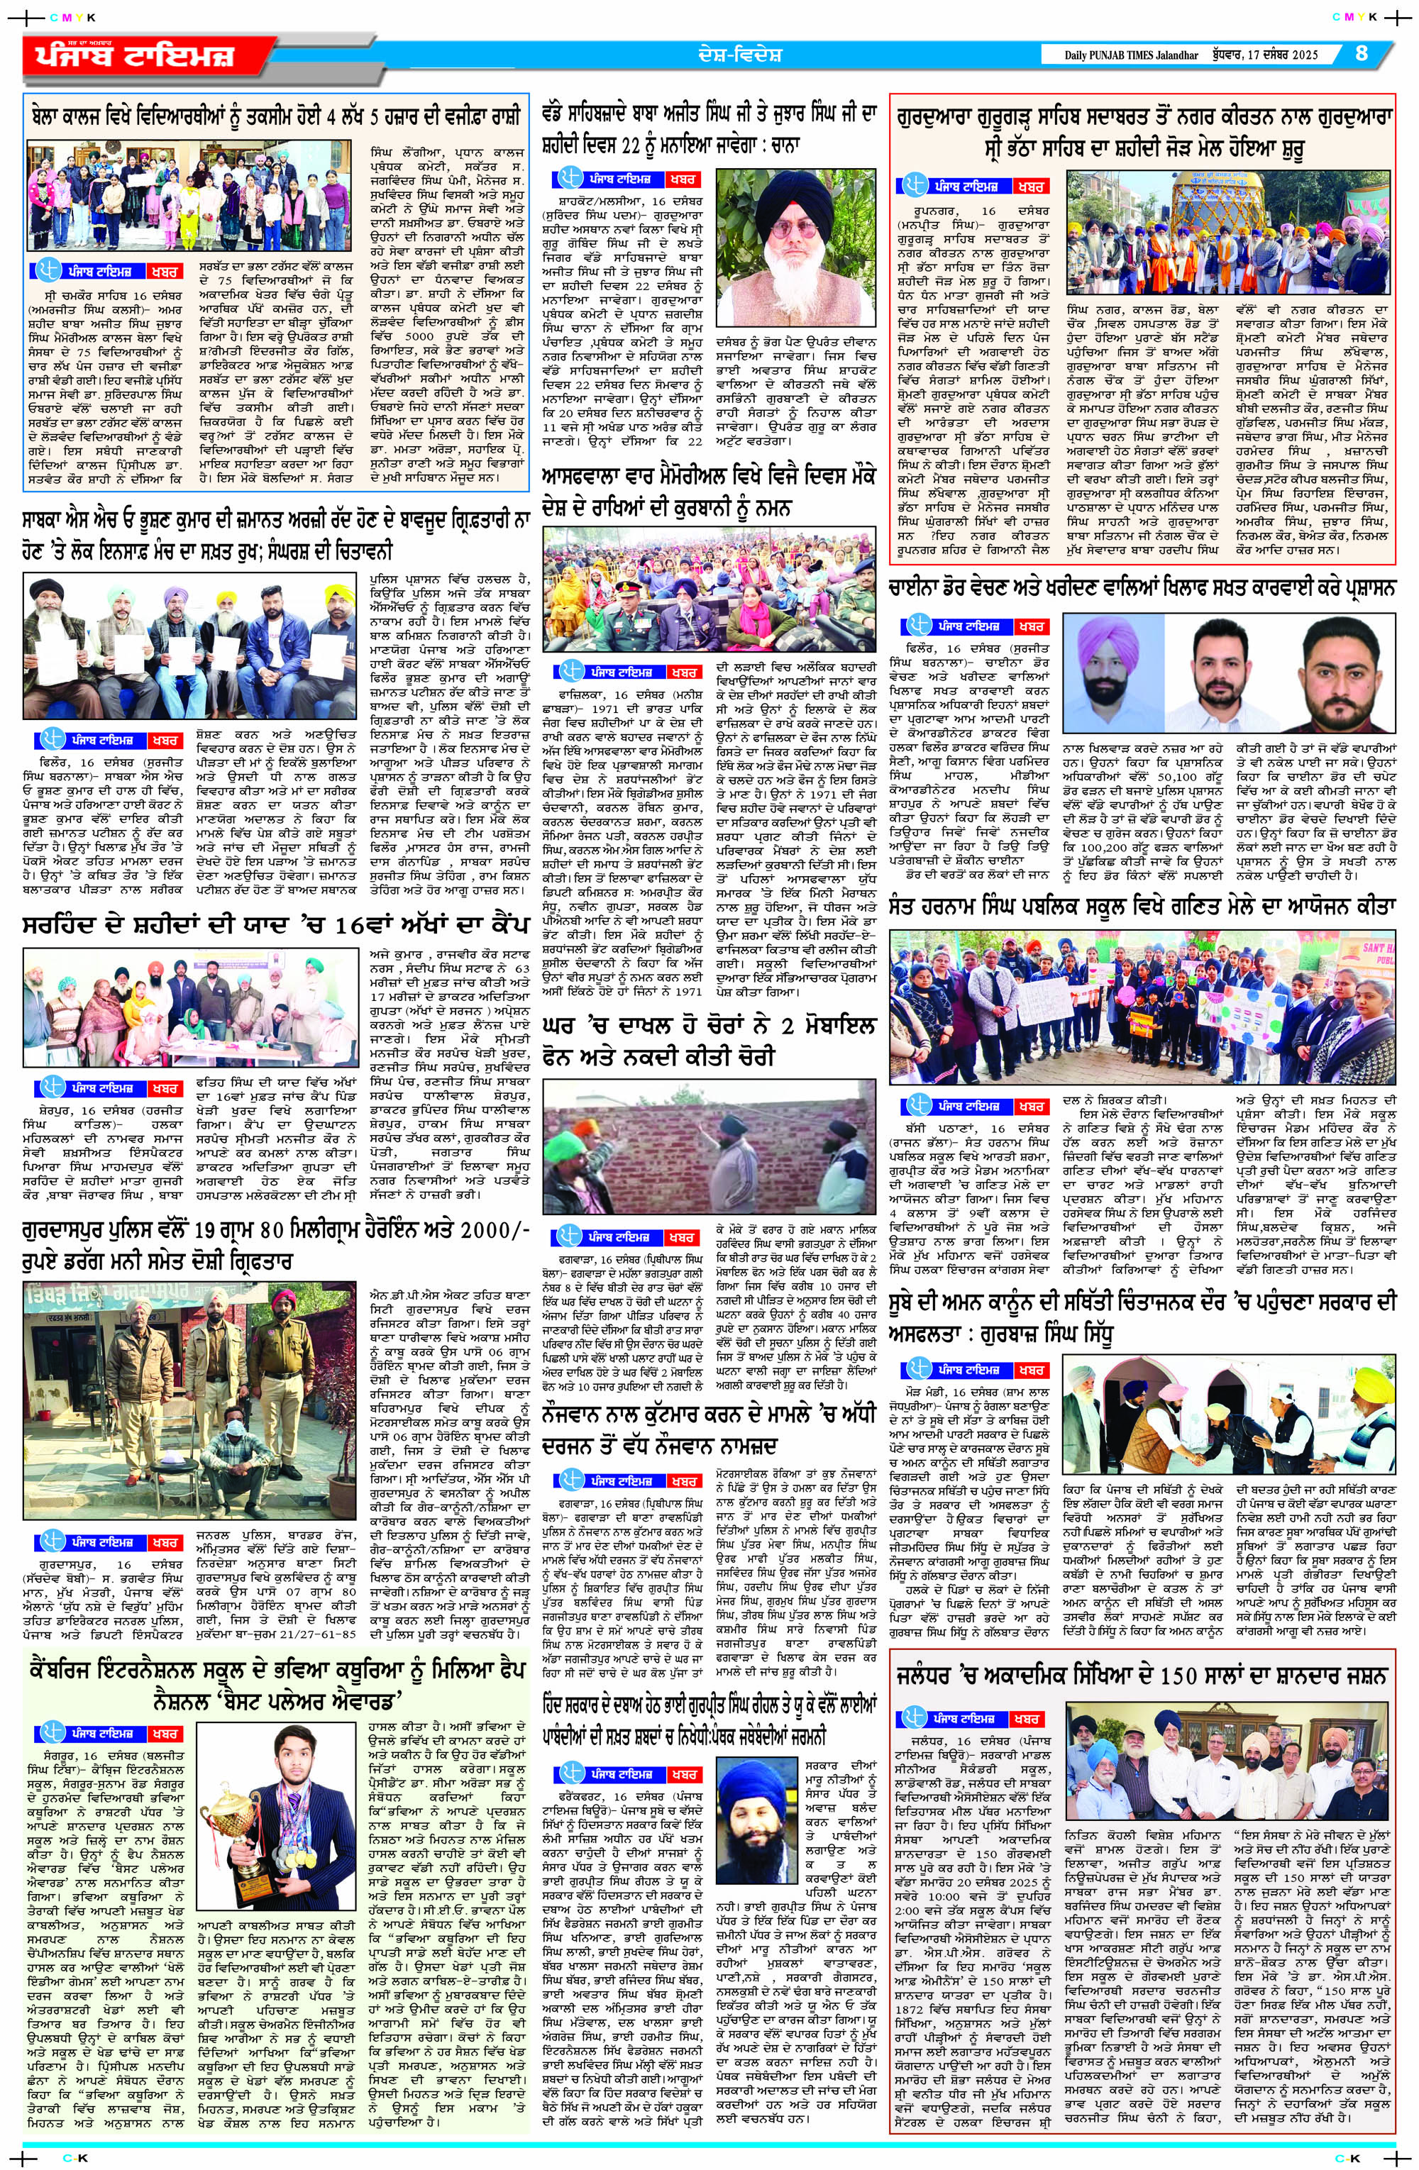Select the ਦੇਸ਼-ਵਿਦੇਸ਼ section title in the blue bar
tap(735, 53)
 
